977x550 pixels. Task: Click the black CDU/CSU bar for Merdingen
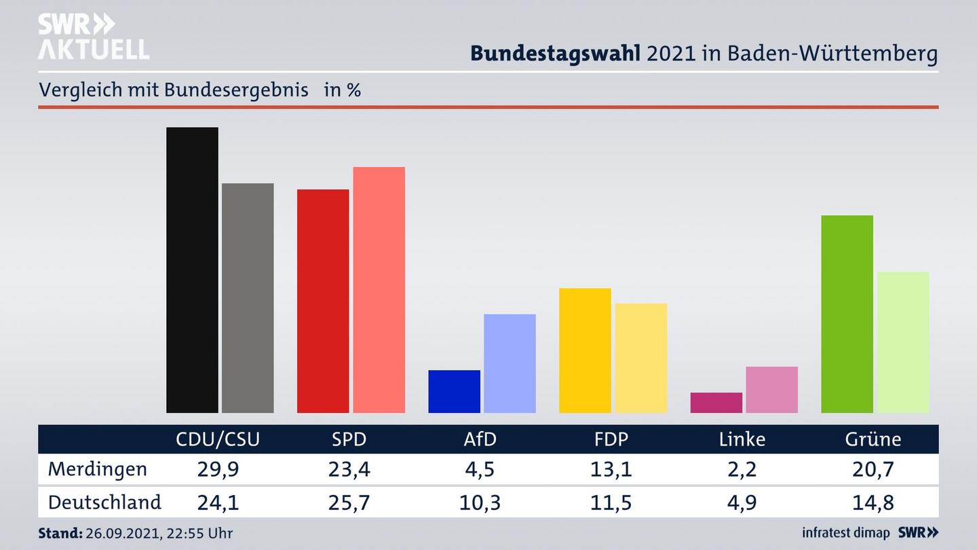pyautogui.click(x=192, y=270)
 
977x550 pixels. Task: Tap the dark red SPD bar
pyautogui.click(x=323, y=301)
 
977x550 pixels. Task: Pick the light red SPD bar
pyautogui.click(x=379, y=289)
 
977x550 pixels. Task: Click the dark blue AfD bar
pyautogui.click(x=454, y=391)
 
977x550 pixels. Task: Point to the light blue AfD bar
pyautogui.click(x=510, y=363)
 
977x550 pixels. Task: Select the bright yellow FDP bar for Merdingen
pyautogui.click(x=585, y=350)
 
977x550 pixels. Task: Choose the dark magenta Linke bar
pyautogui.click(x=716, y=403)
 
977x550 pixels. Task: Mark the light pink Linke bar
pyautogui.click(x=771, y=390)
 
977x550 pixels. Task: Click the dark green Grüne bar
pyautogui.click(x=847, y=314)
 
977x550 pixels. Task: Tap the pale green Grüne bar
pyautogui.click(x=902, y=342)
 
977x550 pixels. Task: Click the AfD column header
pyautogui.click(x=480, y=439)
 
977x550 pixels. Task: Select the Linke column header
pyautogui.click(x=742, y=439)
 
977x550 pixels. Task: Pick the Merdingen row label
pyautogui.click(x=97, y=469)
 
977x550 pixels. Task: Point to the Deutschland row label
pyautogui.click(x=104, y=502)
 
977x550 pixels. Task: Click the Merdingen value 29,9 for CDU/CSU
pyautogui.click(x=217, y=469)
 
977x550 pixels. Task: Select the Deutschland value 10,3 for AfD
pyautogui.click(x=480, y=502)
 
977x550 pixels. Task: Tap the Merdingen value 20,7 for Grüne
pyautogui.click(x=873, y=469)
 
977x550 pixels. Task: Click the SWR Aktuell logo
pyautogui.click(x=93, y=37)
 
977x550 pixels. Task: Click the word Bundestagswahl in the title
pyautogui.click(x=555, y=53)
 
